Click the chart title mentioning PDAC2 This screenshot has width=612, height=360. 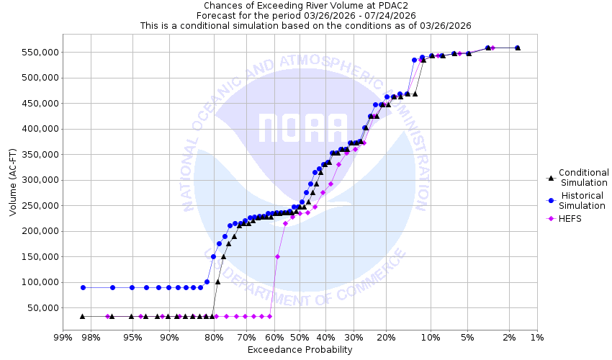point(305,5)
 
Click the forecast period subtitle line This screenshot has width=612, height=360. point(305,15)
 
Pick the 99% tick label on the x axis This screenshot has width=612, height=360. point(63,338)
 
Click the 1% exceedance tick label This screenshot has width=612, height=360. point(536,338)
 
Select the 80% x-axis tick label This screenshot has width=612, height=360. point(213,338)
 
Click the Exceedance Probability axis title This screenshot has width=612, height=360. point(300,350)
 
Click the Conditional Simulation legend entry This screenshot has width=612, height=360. point(583,177)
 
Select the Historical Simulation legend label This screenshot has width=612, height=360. point(583,200)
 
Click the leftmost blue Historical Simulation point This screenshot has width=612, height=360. point(83,287)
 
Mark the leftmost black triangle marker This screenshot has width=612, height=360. point(82,316)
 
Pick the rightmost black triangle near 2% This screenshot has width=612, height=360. point(518,48)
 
